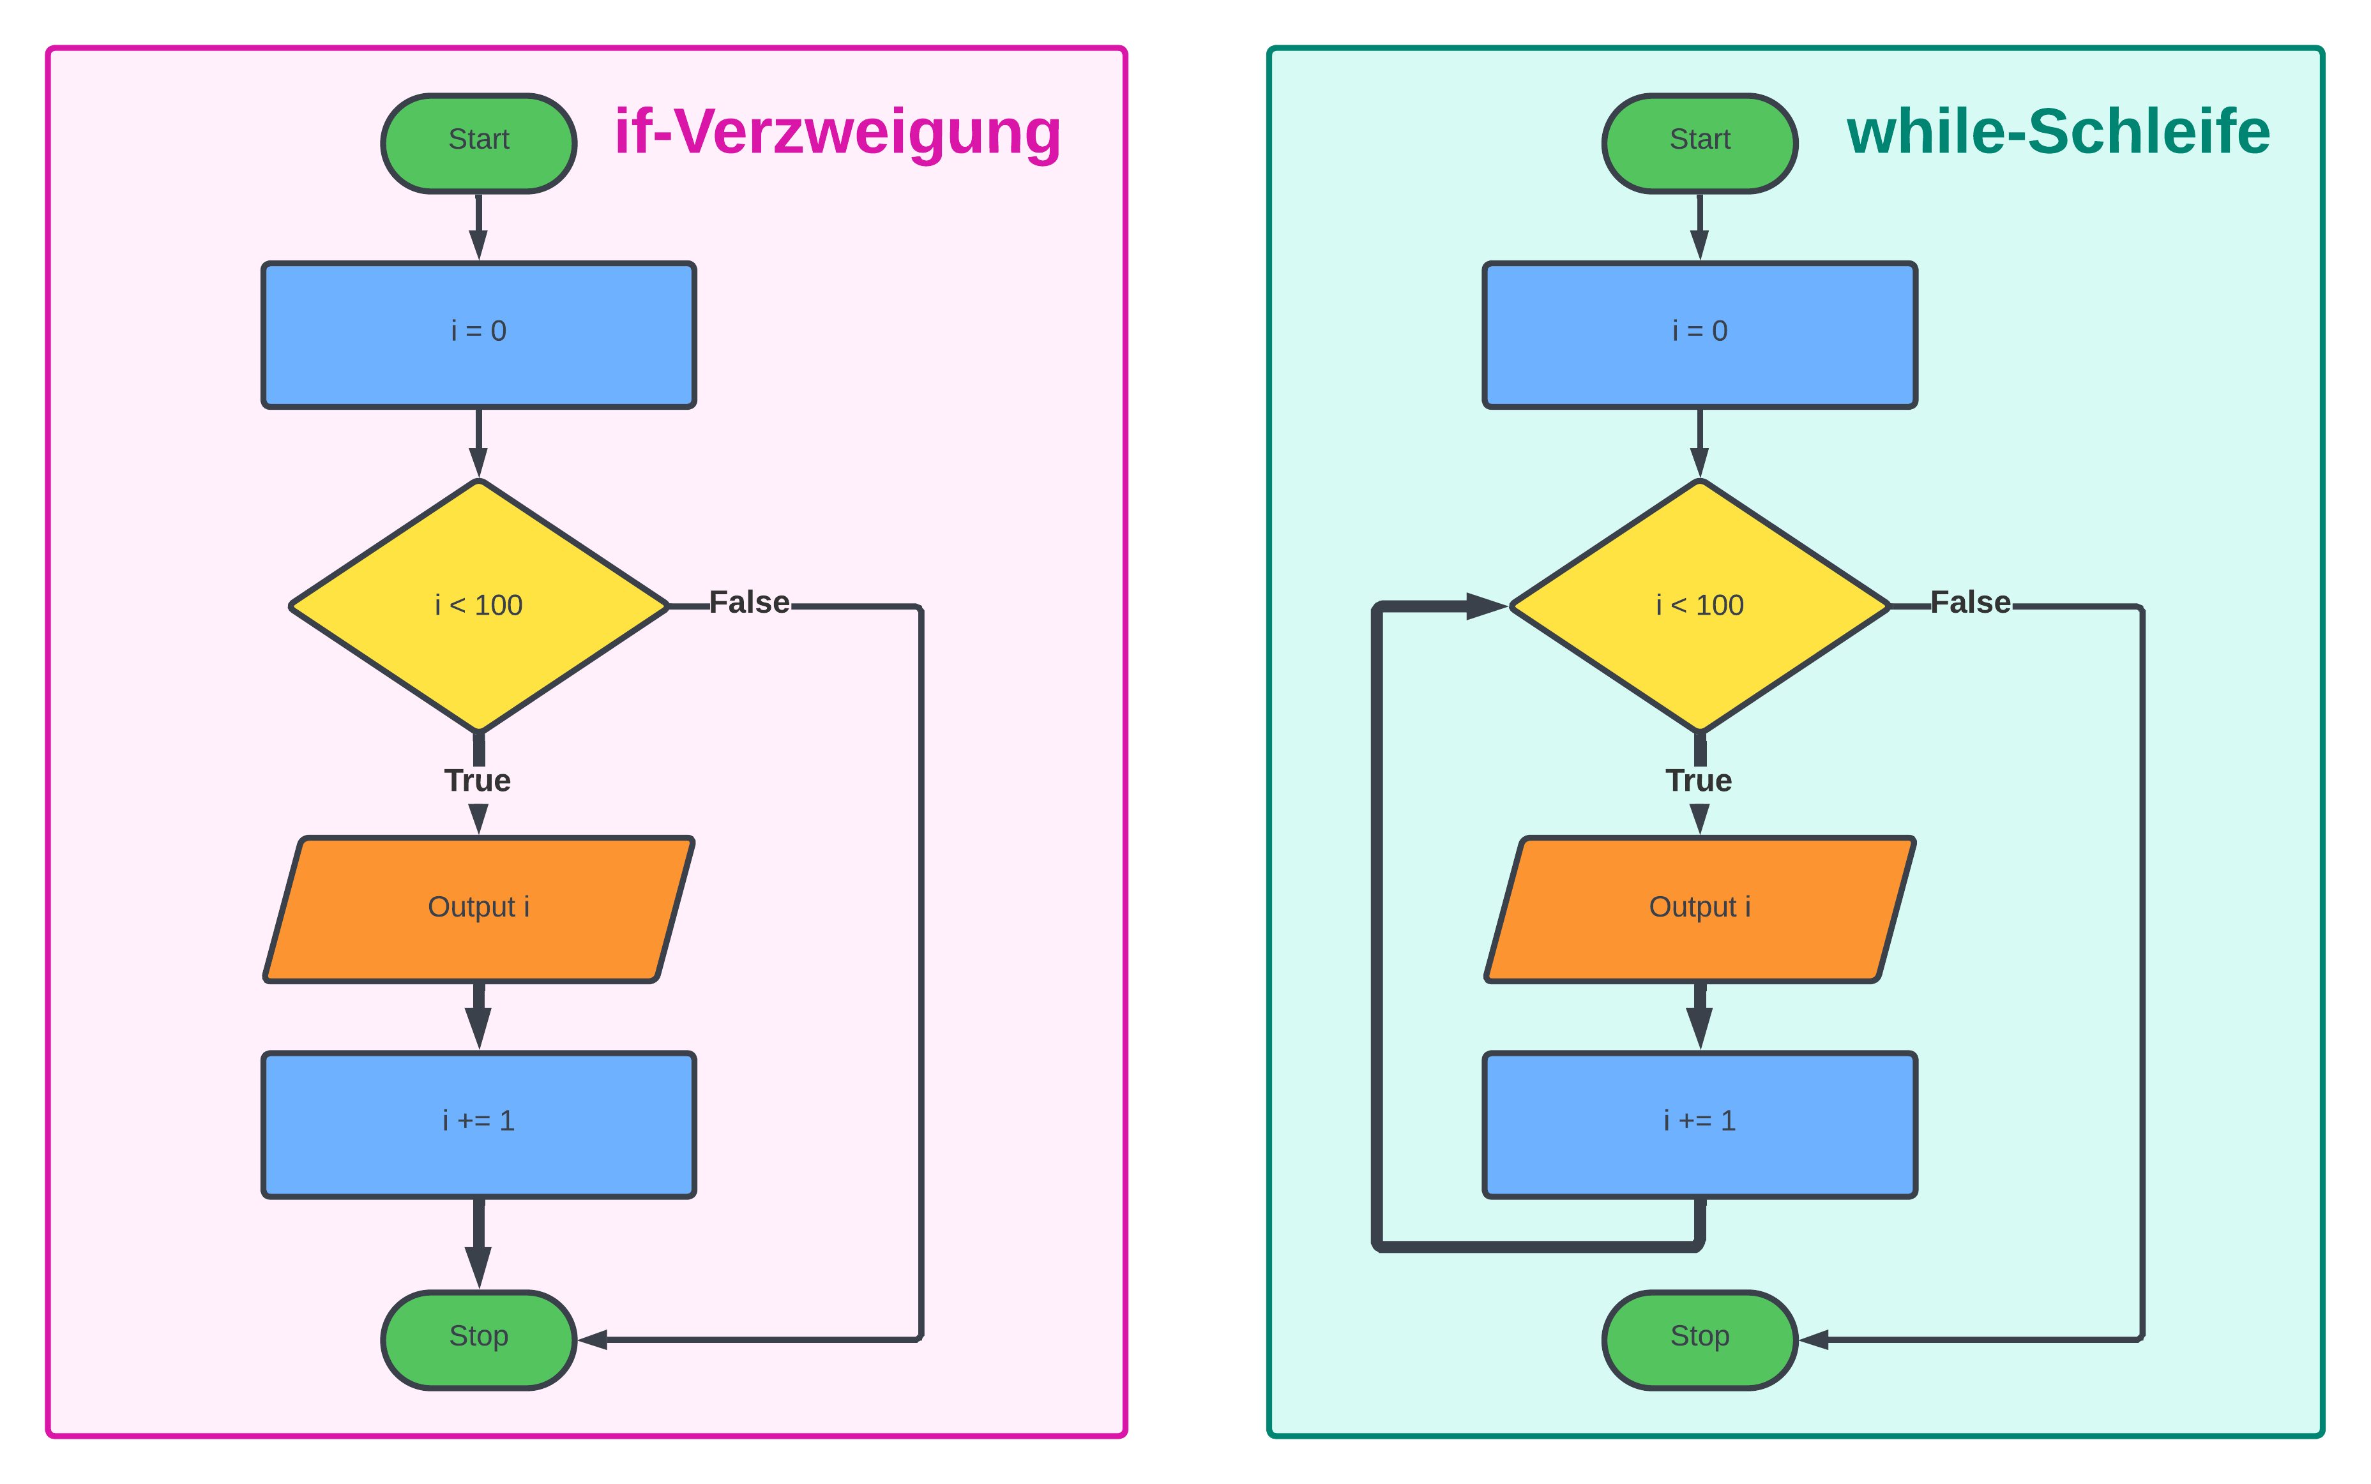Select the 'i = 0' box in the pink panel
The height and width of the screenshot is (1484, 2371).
tap(478, 334)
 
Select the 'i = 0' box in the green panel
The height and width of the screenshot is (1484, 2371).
tap(1699, 334)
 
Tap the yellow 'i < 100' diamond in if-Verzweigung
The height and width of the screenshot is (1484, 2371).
tap(478, 606)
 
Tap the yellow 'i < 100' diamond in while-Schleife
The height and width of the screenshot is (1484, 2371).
tap(1699, 606)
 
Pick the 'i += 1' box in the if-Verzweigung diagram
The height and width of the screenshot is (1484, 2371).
tap(478, 1125)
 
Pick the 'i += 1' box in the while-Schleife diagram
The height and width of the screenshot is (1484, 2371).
tap(1699, 1125)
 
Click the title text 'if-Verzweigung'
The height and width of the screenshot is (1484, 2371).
tap(837, 133)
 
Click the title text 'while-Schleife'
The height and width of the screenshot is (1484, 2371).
tap(2058, 133)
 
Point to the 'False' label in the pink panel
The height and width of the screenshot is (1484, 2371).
tap(749, 603)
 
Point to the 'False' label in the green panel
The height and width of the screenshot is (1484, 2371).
tap(1971, 603)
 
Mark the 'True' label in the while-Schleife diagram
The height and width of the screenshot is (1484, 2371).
tap(1699, 780)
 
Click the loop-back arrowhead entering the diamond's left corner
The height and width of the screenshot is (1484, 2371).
tap(1485, 606)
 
